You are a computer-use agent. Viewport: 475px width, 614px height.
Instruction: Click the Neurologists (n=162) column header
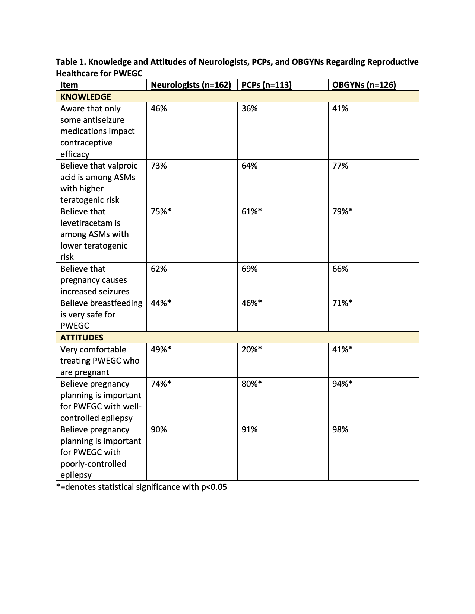[191, 85]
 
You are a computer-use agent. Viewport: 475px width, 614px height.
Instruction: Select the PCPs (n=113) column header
[266, 85]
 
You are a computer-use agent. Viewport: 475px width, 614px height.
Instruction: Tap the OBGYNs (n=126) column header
[364, 85]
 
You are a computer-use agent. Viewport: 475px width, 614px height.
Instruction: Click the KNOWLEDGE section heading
[86, 97]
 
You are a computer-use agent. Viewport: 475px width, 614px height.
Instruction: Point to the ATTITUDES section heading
[82, 338]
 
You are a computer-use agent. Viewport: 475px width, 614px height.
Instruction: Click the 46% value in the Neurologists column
[159, 108]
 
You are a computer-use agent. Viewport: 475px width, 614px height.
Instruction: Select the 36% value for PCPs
[249, 108]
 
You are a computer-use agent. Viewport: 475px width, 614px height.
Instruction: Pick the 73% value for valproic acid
[159, 166]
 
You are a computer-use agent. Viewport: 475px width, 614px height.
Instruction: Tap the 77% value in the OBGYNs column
[340, 166]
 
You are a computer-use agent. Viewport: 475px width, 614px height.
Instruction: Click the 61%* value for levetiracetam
[251, 211]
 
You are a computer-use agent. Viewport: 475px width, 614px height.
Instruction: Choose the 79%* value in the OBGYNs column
[342, 211]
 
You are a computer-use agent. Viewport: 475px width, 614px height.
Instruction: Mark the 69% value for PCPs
[249, 269]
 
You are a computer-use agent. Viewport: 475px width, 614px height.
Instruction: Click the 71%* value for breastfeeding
[342, 303]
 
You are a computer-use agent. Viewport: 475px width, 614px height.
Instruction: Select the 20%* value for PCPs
[251, 349]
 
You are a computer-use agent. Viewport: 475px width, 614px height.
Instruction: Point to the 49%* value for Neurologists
[161, 349]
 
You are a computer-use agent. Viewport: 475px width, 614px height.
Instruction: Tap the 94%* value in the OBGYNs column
[342, 384]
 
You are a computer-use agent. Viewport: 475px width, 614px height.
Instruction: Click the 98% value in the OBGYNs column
[340, 429]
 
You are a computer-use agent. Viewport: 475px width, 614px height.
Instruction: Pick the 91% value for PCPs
[249, 429]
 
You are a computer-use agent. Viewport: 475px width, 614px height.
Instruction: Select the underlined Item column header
[69, 85]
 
